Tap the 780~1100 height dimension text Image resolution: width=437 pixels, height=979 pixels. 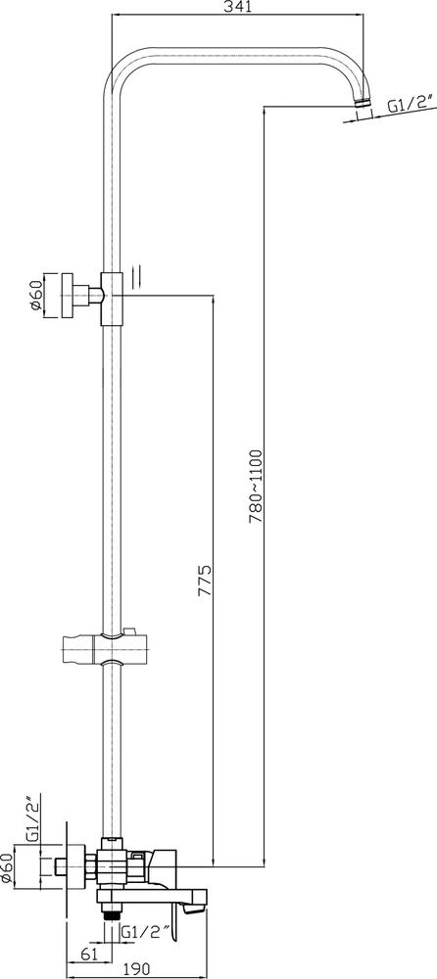click(256, 486)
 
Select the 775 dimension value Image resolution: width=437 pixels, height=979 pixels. click(206, 581)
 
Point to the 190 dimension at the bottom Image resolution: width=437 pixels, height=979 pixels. click(137, 968)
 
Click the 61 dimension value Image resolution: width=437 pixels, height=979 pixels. click(88, 953)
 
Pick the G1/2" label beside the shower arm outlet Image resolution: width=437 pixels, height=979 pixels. click(411, 105)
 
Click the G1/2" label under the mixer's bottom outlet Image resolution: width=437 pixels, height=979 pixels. click(145, 933)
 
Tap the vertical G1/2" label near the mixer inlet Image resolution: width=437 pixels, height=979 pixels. click(32, 816)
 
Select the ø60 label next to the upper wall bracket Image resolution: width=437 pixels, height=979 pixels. click(34, 295)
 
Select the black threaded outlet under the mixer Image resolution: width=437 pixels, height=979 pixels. click(113, 912)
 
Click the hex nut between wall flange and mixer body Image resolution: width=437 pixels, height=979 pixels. click(91, 866)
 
